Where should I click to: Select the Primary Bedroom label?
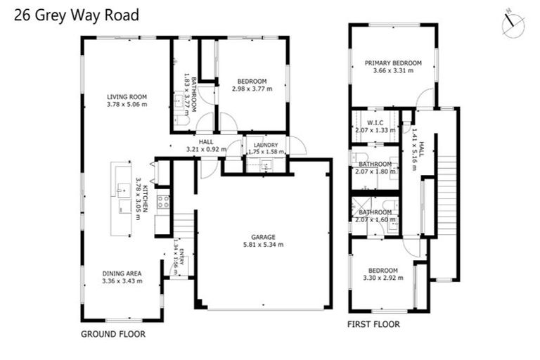392,63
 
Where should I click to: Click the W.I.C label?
373,122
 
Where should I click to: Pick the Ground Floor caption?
113,334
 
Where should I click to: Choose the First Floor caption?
374,325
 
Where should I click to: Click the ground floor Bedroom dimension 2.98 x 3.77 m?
252,89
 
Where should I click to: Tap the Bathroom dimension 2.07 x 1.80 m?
375,172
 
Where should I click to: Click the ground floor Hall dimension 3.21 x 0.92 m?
205,149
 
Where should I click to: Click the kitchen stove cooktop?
162,202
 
